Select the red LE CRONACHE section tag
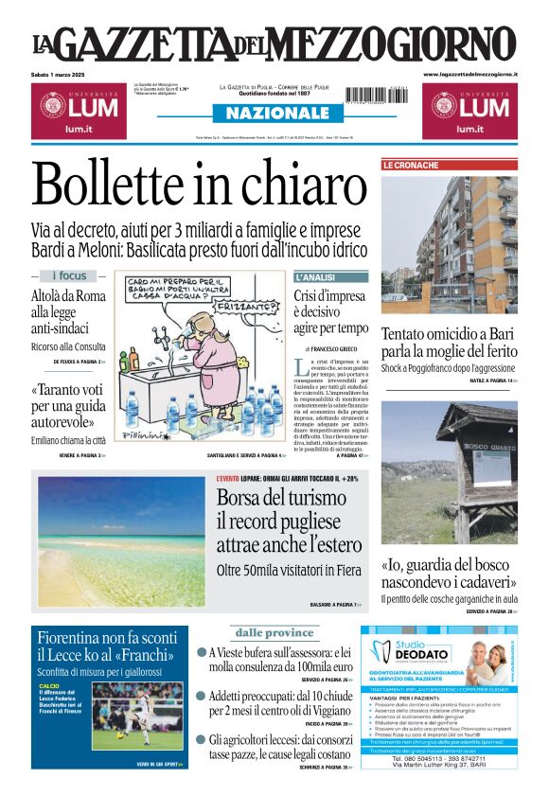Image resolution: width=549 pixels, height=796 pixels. point(411,165)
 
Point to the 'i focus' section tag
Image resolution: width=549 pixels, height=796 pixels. point(68,275)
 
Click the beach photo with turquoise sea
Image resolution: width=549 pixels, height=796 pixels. point(120,540)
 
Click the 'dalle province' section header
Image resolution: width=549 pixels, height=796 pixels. point(274,632)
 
